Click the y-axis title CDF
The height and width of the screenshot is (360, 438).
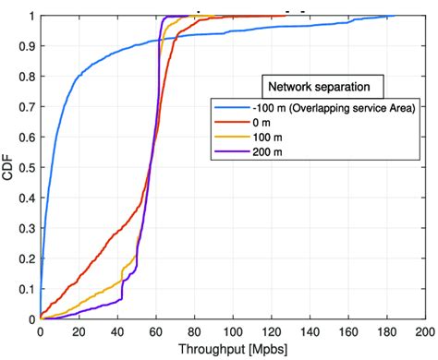(x=8, y=168)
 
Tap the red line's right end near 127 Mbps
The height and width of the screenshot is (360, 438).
(x=284, y=16)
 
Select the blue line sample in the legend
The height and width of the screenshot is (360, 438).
(x=234, y=108)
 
